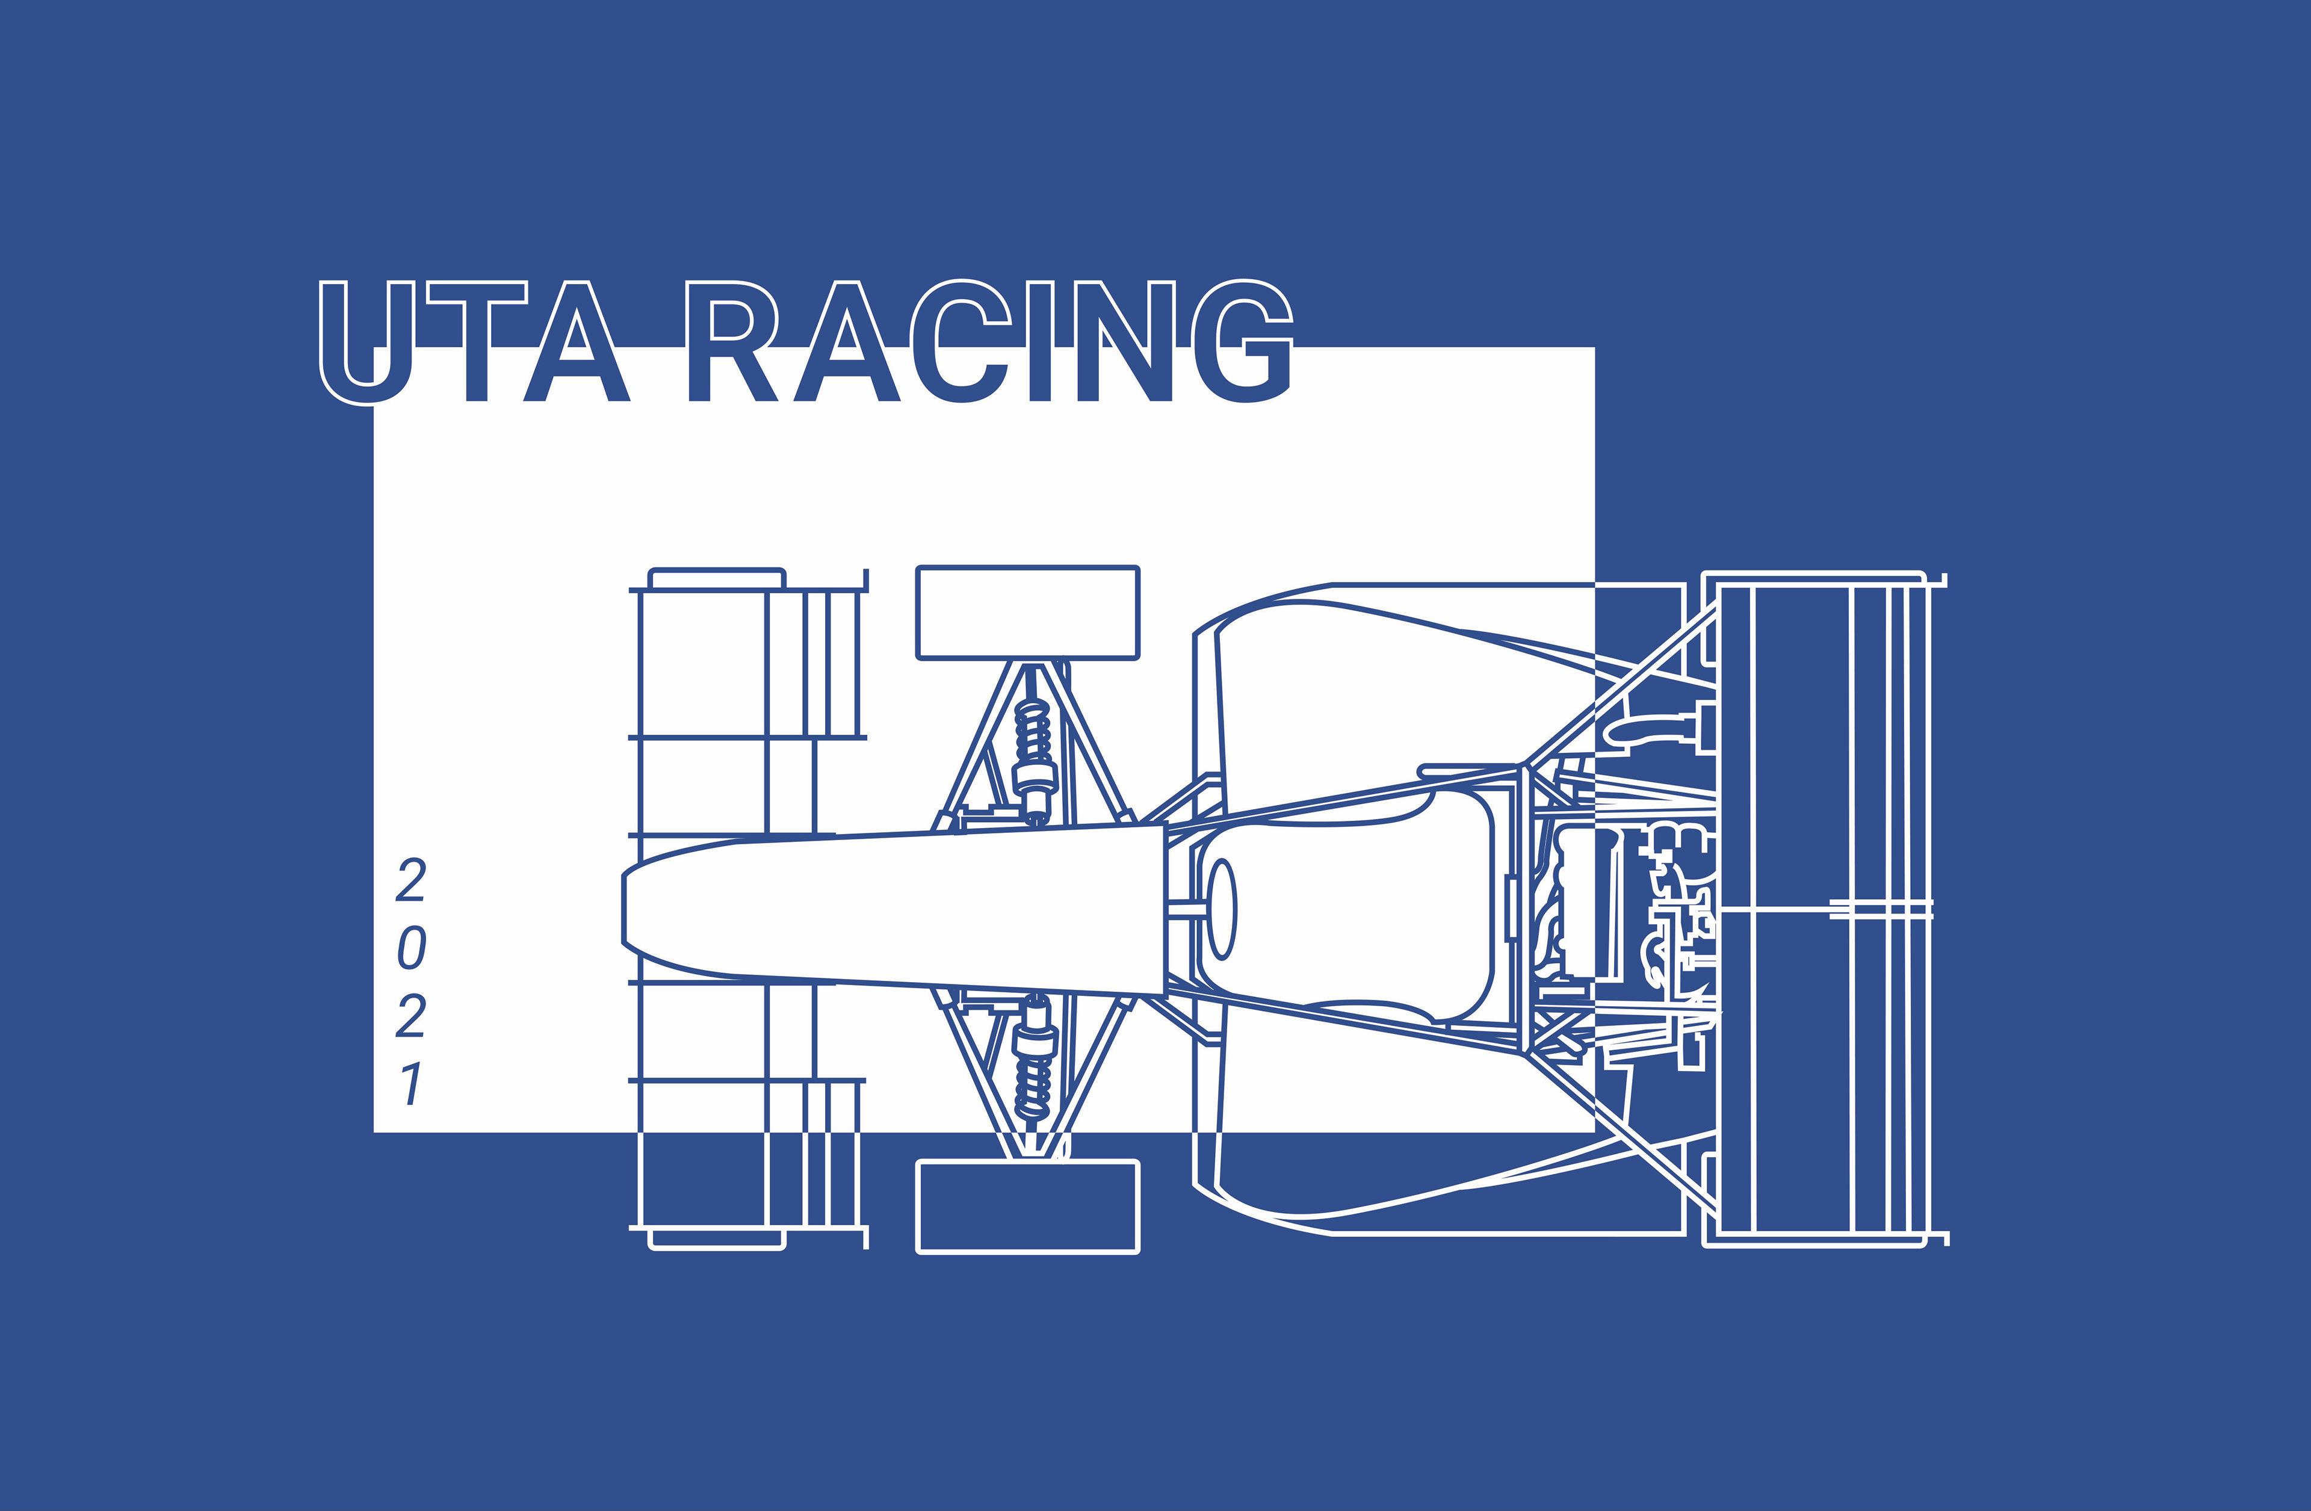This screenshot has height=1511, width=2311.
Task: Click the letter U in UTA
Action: pos(366,342)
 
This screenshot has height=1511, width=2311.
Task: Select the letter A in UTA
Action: pos(577,342)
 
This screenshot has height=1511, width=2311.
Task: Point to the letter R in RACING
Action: pos(733,342)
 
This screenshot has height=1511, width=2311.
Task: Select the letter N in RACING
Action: pos(1127,342)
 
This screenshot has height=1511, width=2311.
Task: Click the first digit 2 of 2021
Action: pos(410,880)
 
